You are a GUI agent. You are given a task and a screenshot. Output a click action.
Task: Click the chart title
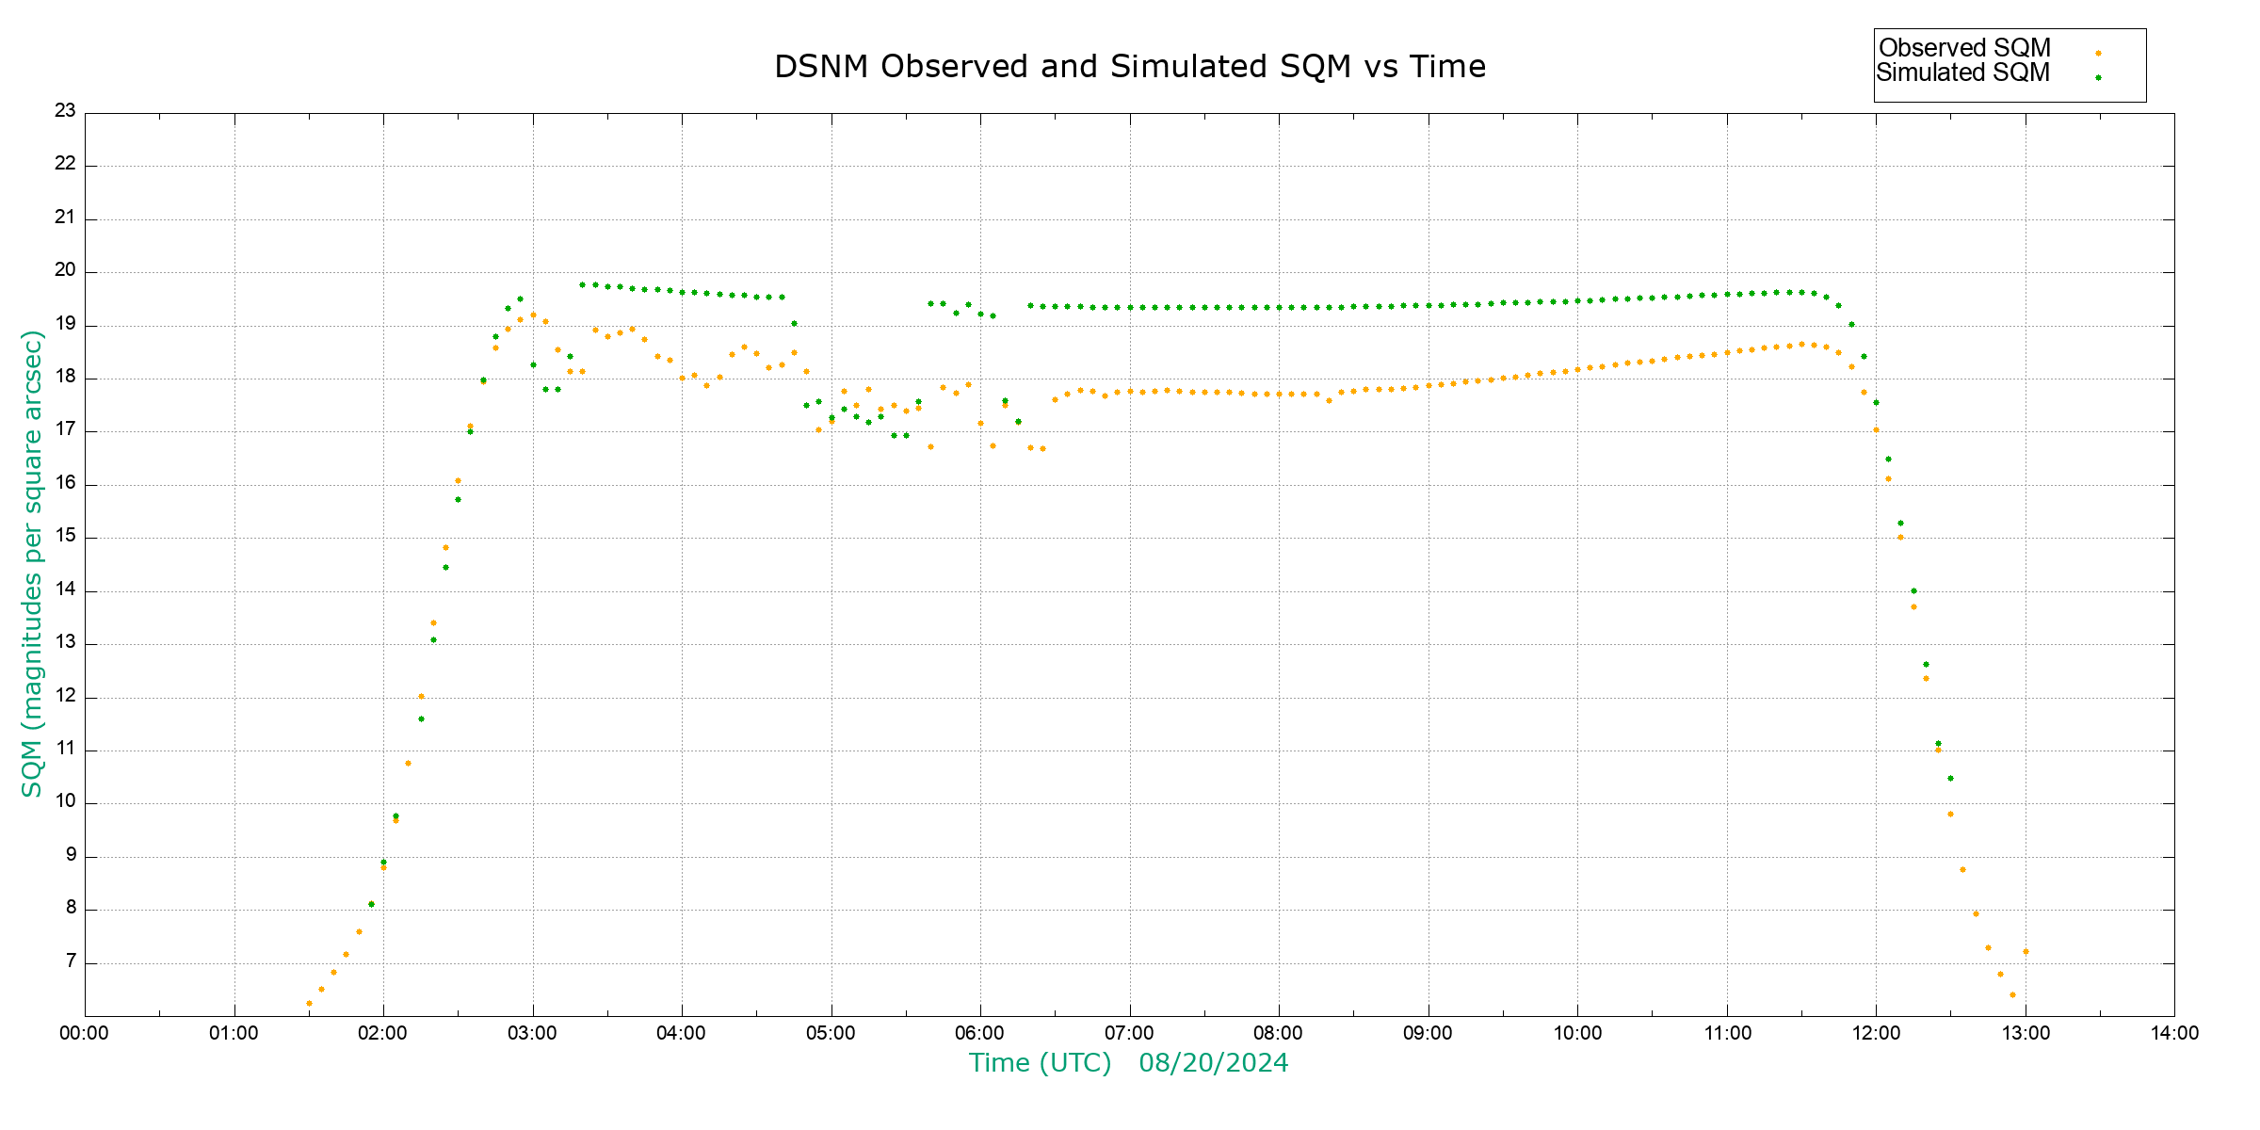point(1129,67)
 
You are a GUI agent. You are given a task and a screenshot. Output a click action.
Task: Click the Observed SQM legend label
point(1964,48)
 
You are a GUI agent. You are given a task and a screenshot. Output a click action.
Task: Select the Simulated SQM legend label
point(1962,73)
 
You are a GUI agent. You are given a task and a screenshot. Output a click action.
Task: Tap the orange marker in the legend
point(2098,54)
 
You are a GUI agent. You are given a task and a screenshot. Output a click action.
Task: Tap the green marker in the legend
point(2098,78)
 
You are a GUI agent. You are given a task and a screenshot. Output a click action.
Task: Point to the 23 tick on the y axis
point(65,111)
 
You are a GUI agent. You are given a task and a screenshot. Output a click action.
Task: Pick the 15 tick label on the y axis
point(65,537)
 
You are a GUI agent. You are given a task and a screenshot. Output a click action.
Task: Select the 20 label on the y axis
point(65,270)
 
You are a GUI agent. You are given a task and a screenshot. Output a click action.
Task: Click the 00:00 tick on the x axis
point(84,1033)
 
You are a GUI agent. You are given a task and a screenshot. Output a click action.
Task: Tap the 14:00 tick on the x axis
point(2174,1033)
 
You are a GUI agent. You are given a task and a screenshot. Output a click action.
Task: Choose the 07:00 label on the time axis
point(1129,1033)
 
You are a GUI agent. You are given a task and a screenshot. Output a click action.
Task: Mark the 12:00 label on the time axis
point(1876,1033)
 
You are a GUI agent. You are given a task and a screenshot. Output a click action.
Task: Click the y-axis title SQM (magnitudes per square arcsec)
point(32,563)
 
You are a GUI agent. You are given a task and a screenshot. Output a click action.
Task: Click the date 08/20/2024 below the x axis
point(1213,1063)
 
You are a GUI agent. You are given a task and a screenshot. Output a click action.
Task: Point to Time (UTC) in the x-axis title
point(1040,1063)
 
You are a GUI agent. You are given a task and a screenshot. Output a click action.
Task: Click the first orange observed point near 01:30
point(309,1004)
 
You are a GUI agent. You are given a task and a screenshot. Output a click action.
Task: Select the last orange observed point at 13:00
point(2026,952)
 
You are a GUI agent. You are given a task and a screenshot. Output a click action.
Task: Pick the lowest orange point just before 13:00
point(2012,995)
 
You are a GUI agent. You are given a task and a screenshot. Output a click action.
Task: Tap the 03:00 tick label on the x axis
point(532,1033)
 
